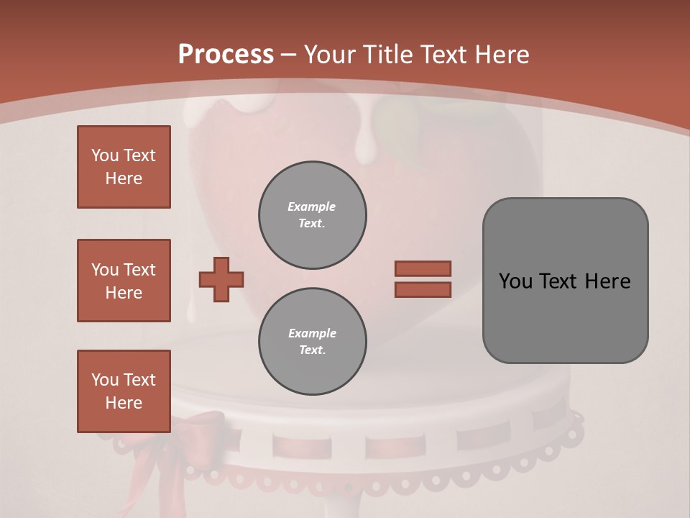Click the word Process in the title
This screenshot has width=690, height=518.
(226, 55)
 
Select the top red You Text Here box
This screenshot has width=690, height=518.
(124, 167)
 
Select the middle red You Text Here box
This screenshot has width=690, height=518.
(124, 281)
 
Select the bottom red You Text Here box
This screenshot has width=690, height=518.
(124, 391)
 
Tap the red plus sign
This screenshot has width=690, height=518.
(221, 279)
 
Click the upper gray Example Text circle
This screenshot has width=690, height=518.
(313, 215)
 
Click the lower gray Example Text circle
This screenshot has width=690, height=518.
(313, 342)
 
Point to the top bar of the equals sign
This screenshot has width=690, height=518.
(423, 268)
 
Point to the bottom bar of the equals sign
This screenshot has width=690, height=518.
(423, 289)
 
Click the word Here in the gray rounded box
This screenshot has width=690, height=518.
(607, 281)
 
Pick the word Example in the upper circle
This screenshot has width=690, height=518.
(311, 206)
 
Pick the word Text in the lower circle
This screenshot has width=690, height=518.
(311, 350)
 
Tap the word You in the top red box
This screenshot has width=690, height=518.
(105, 155)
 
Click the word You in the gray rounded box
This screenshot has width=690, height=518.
(515, 281)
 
